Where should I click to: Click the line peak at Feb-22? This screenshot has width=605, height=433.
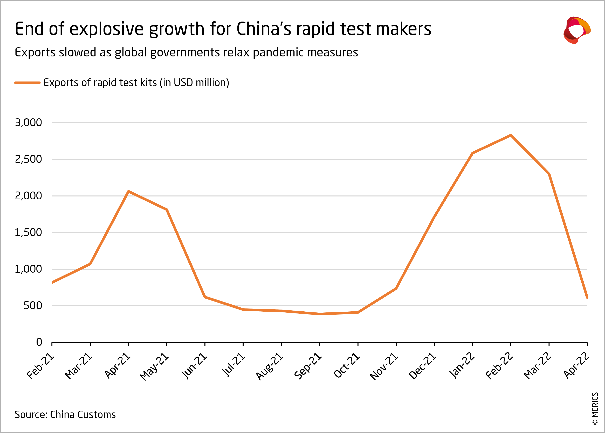(511, 135)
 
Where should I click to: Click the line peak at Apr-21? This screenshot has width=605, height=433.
(128, 191)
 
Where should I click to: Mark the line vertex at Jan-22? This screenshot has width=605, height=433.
(472, 153)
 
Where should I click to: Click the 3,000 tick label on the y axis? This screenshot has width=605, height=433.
(29, 123)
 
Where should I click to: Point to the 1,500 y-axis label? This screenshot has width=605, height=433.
(29, 233)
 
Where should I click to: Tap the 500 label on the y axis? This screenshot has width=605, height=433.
(33, 306)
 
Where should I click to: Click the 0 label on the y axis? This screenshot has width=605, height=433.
(39, 342)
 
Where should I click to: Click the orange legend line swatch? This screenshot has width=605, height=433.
(27, 83)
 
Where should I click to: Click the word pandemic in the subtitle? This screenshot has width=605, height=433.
(278, 53)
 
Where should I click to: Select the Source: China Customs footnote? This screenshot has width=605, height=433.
(65, 415)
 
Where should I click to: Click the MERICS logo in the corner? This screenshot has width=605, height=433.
(577, 30)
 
